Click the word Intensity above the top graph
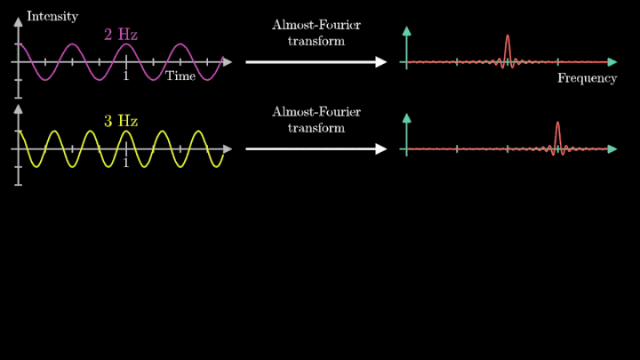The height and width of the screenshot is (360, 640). point(52,16)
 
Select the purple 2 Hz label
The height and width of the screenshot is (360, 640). point(121,35)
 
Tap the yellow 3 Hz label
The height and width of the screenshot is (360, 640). point(121,121)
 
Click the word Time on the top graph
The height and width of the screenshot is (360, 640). point(180,76)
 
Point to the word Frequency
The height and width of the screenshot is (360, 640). point(587,78)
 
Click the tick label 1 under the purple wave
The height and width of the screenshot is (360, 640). point(125,76)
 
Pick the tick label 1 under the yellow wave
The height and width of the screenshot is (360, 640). point(125,164)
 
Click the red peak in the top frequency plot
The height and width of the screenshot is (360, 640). point(507,40)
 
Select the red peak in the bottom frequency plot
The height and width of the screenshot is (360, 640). point(557,126)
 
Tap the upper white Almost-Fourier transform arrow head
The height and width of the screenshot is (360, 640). point(381,62)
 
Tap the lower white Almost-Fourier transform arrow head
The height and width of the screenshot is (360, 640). point(381,149)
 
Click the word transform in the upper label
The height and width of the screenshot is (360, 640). point(316,41)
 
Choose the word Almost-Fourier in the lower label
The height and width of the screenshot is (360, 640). point(316,111)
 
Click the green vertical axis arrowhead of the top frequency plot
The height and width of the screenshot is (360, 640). point(406,31)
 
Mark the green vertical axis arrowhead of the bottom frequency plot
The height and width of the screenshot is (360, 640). point(406,117)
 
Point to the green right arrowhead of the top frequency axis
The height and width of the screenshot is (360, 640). point(612,62)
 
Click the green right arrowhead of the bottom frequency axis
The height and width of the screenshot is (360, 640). point(612,149)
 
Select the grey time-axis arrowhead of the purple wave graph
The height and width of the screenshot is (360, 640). point(228,62)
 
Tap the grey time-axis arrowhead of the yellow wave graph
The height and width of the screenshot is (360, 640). point(228,149)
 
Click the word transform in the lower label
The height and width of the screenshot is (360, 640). point(316,128)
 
